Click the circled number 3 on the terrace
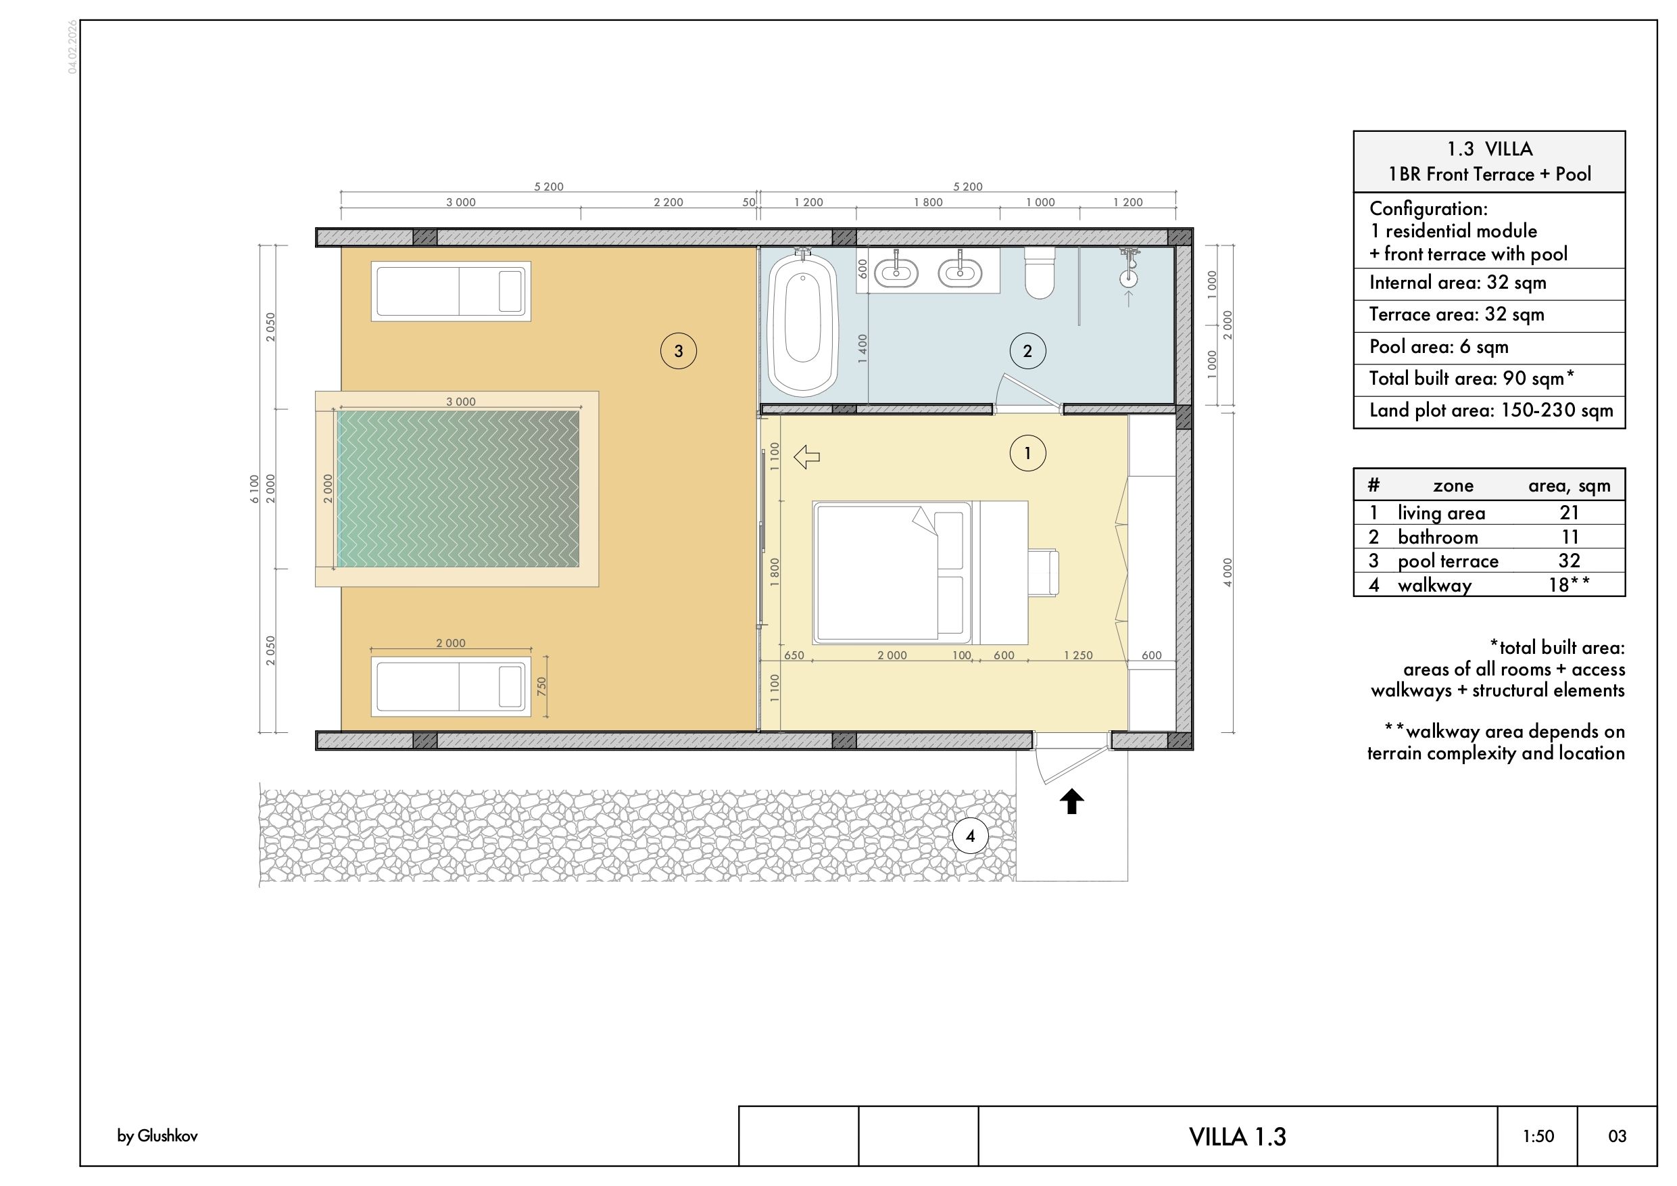[679, 351]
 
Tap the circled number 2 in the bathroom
[1027, 351]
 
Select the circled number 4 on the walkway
[970, 836]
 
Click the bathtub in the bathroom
[803, 325]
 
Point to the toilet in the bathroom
[1040, 272]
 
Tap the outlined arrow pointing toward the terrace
[806, 458]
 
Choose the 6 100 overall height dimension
[254, 488]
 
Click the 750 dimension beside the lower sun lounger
[541, 686]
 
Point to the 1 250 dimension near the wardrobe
[1078, 655]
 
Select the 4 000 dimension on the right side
[1227, 572]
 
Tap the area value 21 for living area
[1569, 513]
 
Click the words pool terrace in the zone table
[1448, 561]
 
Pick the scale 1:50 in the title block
[1538, 1137]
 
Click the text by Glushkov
[157, 1137]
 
